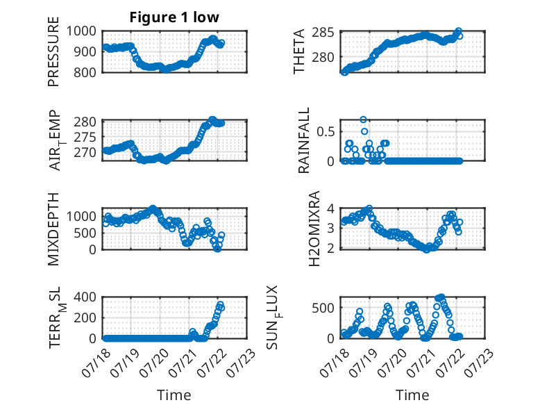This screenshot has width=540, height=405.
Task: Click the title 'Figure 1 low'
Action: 174,17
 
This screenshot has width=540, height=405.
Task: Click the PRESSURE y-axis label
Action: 53,51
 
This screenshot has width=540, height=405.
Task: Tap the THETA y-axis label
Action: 299,51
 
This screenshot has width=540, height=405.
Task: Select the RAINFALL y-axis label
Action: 304,140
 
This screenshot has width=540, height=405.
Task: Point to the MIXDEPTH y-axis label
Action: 53,229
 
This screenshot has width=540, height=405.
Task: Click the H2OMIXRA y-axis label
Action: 314,229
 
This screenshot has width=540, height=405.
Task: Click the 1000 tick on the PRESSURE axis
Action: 81,31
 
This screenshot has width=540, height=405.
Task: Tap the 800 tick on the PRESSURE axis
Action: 85,72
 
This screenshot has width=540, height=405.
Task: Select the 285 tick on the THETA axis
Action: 323,33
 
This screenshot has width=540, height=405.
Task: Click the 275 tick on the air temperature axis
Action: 85,137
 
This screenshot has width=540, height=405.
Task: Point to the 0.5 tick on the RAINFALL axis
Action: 326,132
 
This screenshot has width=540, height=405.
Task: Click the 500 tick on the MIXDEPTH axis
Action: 85,233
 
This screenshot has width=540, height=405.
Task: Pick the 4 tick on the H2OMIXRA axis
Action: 330,208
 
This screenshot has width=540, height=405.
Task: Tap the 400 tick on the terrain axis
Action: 85,297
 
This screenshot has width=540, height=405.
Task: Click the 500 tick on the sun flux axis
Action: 323,308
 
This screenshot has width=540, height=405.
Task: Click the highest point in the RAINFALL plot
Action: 363,119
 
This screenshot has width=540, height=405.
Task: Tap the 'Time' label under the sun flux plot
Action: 412,395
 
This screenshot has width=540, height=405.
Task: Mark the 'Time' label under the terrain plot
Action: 174,395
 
